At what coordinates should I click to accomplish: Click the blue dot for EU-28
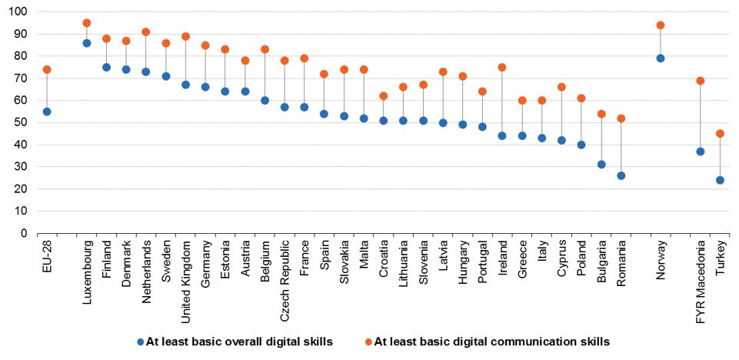click(47, 112)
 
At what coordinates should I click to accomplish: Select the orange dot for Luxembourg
click(86, 23)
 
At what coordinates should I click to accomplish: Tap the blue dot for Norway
click(661, 58)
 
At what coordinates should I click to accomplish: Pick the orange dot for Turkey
click(721, 133)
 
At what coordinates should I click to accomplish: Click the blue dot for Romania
click(621, 175)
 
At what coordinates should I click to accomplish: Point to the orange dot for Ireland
click(502, 67)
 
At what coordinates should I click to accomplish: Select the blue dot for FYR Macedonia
click(701, 152)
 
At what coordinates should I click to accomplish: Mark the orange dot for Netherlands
click(146, 32)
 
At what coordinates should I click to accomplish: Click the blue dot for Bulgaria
click(601, 165)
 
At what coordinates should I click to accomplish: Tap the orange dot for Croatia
click(383, 96)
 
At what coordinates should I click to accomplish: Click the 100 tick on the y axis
click(18, 12)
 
